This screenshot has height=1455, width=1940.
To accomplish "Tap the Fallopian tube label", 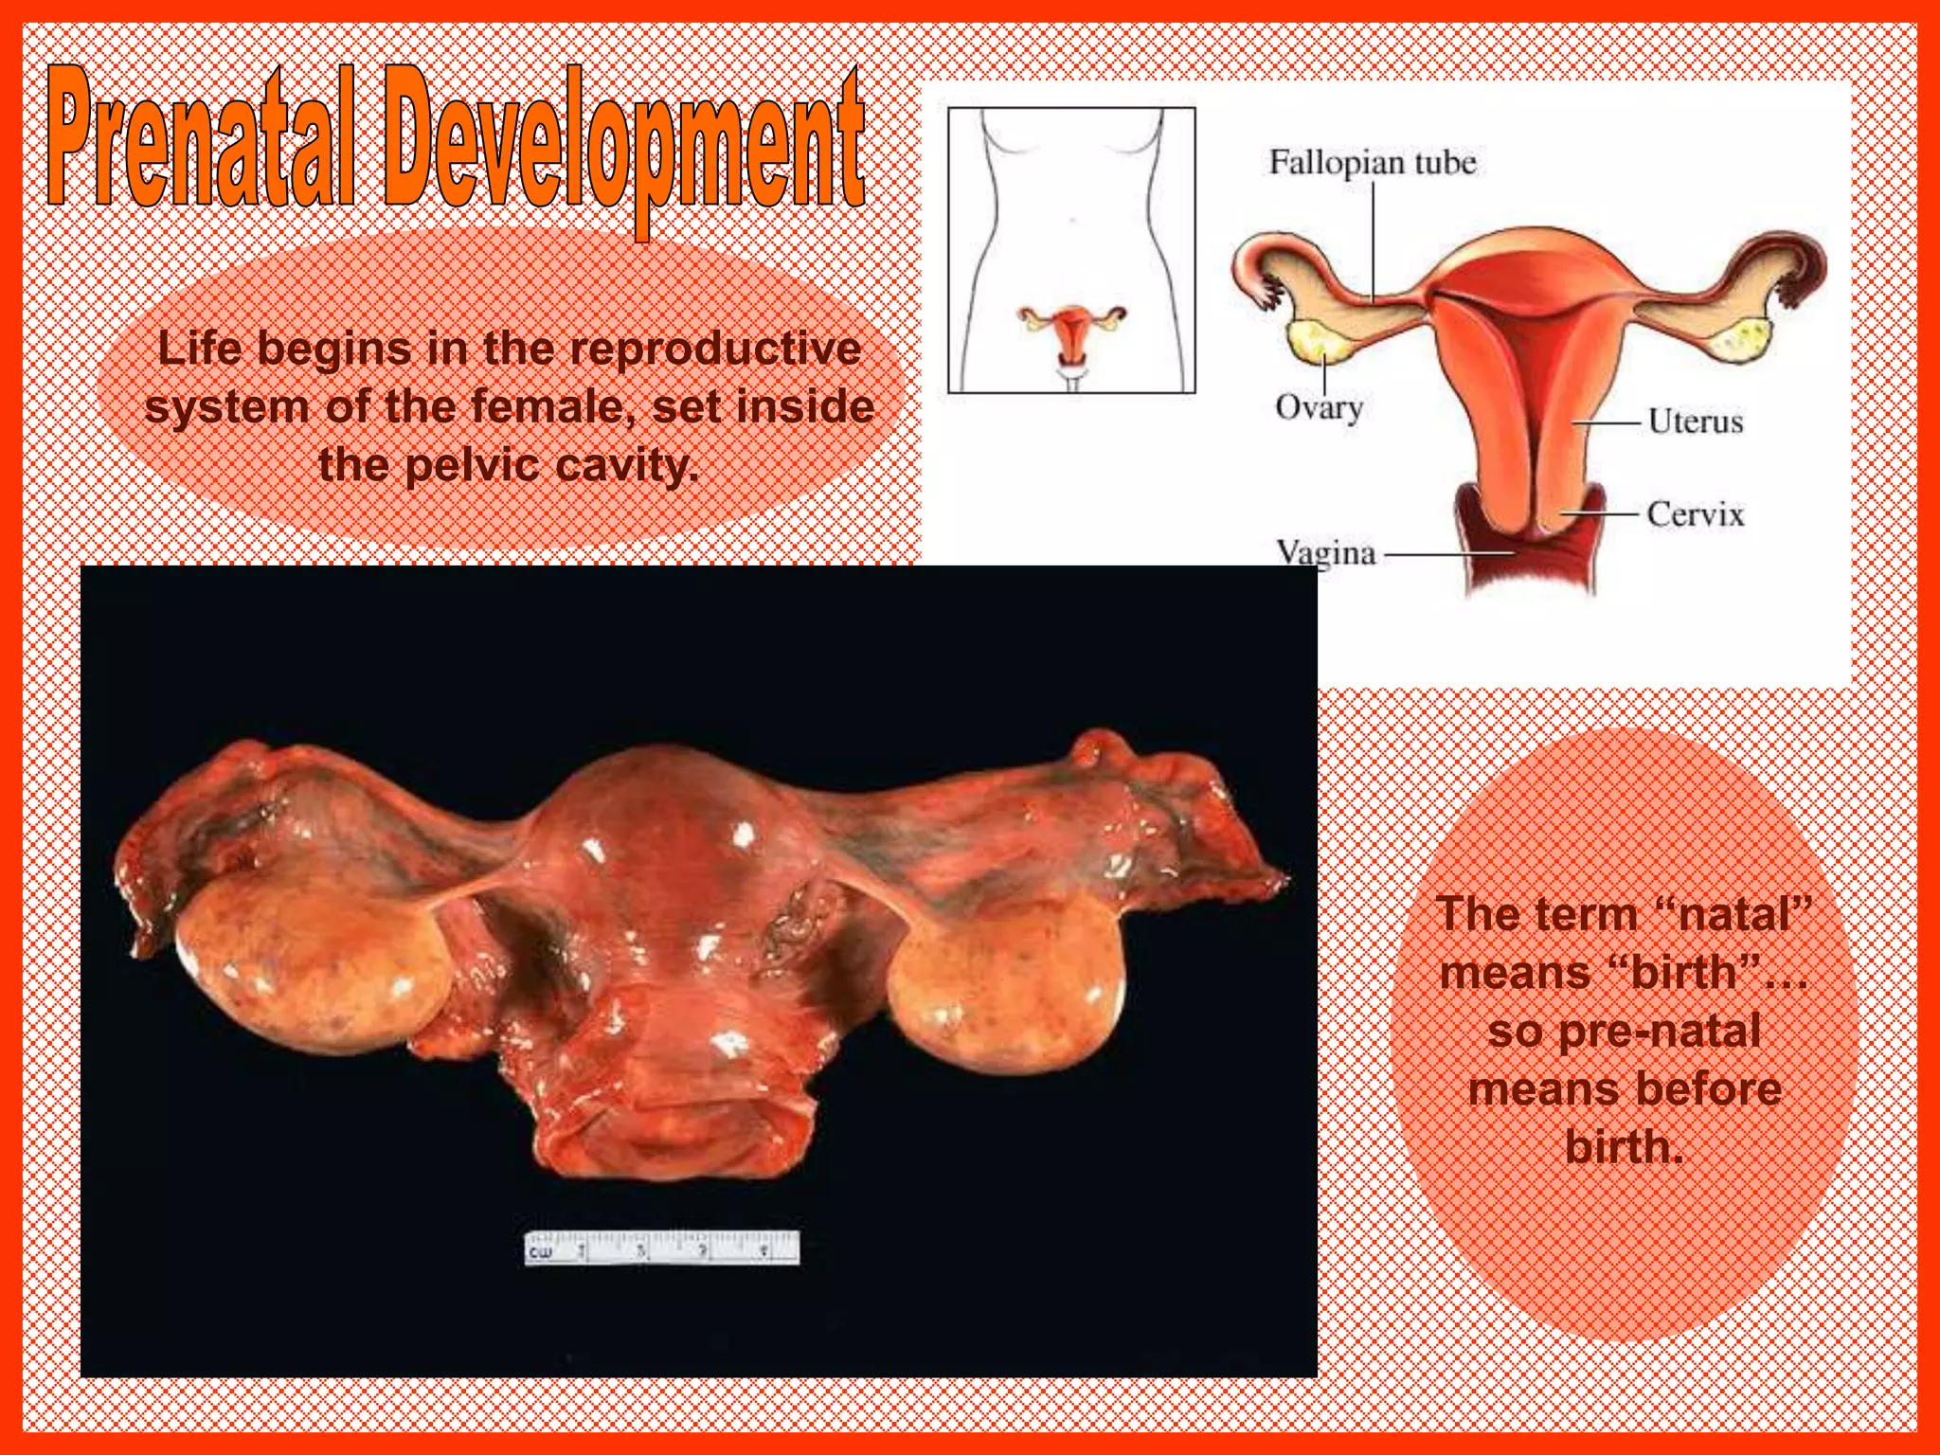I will click(x=1372, y=163).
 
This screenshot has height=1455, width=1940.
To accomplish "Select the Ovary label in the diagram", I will click(x=1319, y=407).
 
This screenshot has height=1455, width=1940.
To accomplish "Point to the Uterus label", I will click(x=1695, y=421).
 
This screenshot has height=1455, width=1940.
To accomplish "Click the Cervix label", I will click(x=1695, y=514).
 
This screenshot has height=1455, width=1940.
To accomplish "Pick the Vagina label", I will click(x=1325, y=552).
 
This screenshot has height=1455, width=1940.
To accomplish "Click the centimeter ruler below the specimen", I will click(x=662, y=1248).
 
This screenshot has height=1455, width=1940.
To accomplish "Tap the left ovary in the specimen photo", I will click(x=313, y=966).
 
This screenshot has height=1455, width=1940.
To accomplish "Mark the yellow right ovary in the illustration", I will click(x=1741, y=340).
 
